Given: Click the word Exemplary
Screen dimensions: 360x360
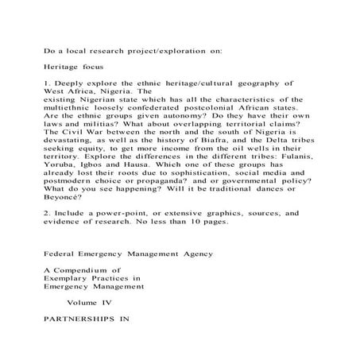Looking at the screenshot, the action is [x=75, y=279].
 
